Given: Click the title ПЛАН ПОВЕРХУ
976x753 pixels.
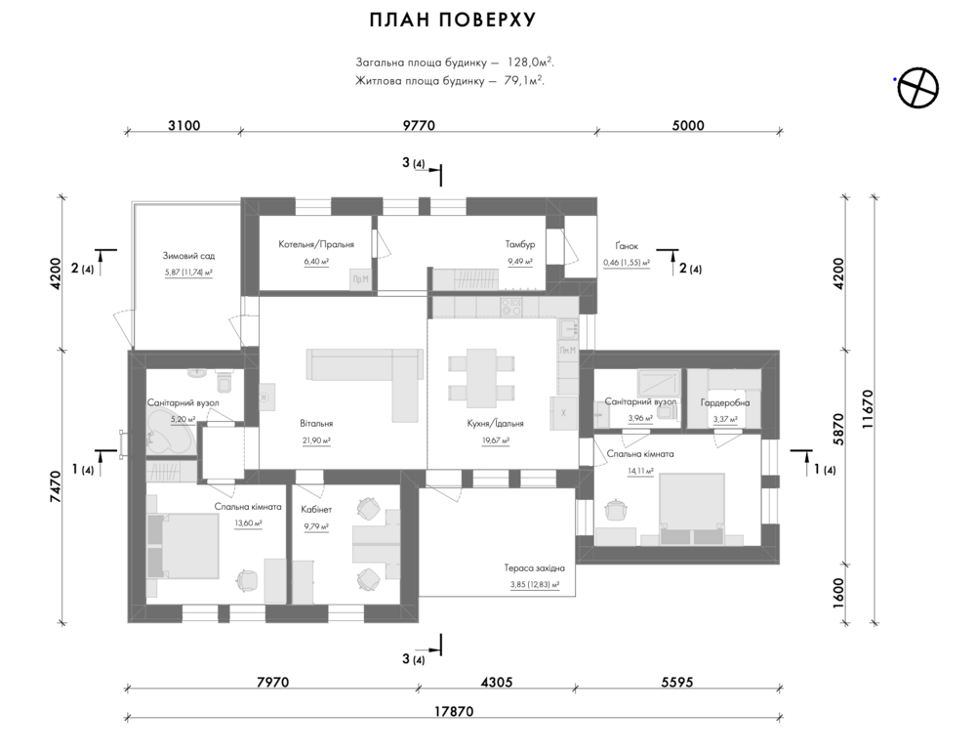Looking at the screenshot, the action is click(453, 20).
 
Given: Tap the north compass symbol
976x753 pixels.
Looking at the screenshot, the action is click(917, 87).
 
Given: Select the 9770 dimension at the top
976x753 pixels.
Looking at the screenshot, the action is click(419, 125).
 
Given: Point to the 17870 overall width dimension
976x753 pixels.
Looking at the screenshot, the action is click(454, 711).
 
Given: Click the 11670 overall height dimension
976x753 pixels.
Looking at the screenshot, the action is click(868, 409).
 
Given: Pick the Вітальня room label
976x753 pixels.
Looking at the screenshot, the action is click(316, 424).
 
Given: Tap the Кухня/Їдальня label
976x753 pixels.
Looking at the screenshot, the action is click(496, 424).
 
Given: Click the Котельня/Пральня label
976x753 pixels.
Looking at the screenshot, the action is click(316, 244).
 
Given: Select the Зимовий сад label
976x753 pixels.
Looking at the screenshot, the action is click(188, 255).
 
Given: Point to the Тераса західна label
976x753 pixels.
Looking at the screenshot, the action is click(535, 568).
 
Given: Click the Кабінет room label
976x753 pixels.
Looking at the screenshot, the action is click(316, 510).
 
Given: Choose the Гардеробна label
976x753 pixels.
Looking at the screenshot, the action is click(725, 402).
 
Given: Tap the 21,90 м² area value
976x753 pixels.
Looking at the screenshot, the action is click(316, 440).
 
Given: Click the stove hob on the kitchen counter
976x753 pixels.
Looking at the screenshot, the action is click(511, 306).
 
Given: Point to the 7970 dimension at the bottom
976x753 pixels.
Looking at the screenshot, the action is click(272, 682).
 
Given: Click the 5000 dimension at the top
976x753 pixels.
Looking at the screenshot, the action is click(688, 125).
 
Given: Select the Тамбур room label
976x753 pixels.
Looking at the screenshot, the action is click(520, 244).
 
